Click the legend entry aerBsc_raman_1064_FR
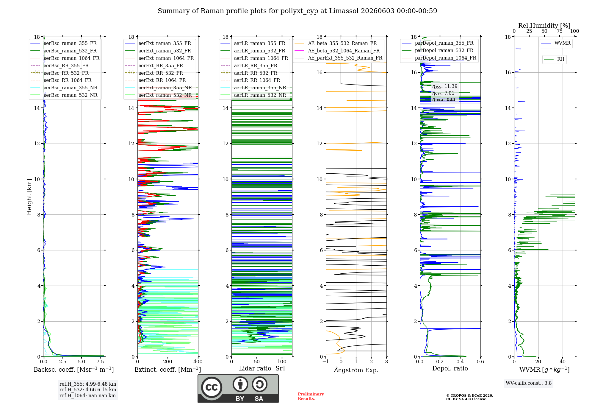(x=65, y=58)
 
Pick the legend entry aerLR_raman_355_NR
(x=253, y=88)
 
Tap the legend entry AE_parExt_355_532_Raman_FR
(x=338, y=58)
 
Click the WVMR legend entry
(x=556, y=43)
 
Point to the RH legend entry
(x=554, y=59)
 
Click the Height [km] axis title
(x=29, y=197)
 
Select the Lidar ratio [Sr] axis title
(x=262, y=368)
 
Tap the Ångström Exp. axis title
(x=356, y=370)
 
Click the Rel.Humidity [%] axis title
(x=544, y=26)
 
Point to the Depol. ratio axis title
(x=450, y=368)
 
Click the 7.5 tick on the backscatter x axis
(x=100, y=362)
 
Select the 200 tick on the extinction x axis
(x=167, y=362)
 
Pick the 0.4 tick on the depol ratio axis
(x=460, y=362)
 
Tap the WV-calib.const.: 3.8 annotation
(x=529, y=383)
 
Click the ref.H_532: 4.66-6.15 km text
(x=88, y=390)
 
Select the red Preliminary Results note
(x=311, y=396)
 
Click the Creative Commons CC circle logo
(x=212, y=387)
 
